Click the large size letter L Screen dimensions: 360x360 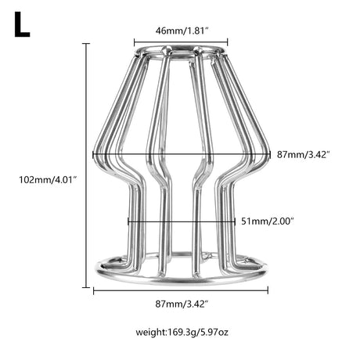tap(22, 25)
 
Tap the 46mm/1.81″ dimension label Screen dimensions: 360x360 tap(182, 31)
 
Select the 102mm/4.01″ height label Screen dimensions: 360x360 tap(47, 180)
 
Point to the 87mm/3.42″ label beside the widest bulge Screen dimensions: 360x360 tap(304, 155)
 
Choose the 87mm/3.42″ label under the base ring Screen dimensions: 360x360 tap(182, 304)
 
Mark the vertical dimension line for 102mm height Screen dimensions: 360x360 tap(86, 166)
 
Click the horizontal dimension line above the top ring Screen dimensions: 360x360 tap(181, 41)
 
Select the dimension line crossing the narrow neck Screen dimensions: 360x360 tap(182, 222)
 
